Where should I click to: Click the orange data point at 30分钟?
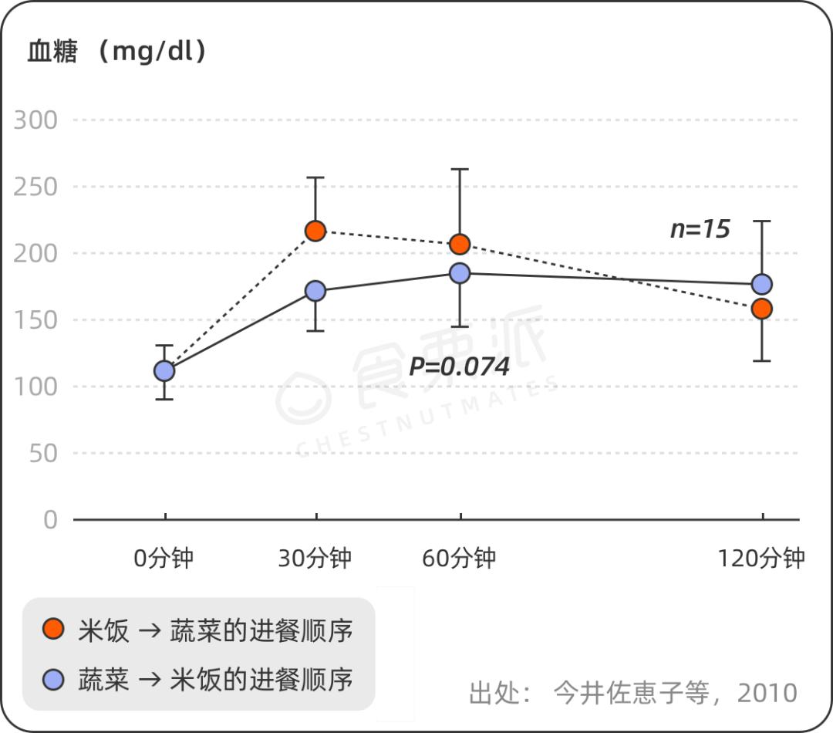click(315, 231)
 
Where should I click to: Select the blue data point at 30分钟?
click(315, 291)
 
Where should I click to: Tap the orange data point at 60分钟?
click(460, 245)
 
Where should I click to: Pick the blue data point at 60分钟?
click(460, 273)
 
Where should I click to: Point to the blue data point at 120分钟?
click(762, 284)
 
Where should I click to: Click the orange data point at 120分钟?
click(762, 309)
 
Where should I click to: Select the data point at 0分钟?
click(164, 371)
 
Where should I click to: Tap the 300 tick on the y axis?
click(36, 120)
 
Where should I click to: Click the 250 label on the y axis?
click(36, 187)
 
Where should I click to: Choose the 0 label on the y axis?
click(50, 519)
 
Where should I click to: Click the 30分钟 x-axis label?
click(315, 558)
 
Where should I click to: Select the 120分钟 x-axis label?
click(761, 558)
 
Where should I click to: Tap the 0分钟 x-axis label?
click(164, 558)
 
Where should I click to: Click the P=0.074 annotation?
click(459, 366)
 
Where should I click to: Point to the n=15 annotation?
click(700, 228)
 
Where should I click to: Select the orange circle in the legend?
click(53, 630)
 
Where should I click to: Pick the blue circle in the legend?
click(53, 679)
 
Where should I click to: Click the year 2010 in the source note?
click(767, 692)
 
